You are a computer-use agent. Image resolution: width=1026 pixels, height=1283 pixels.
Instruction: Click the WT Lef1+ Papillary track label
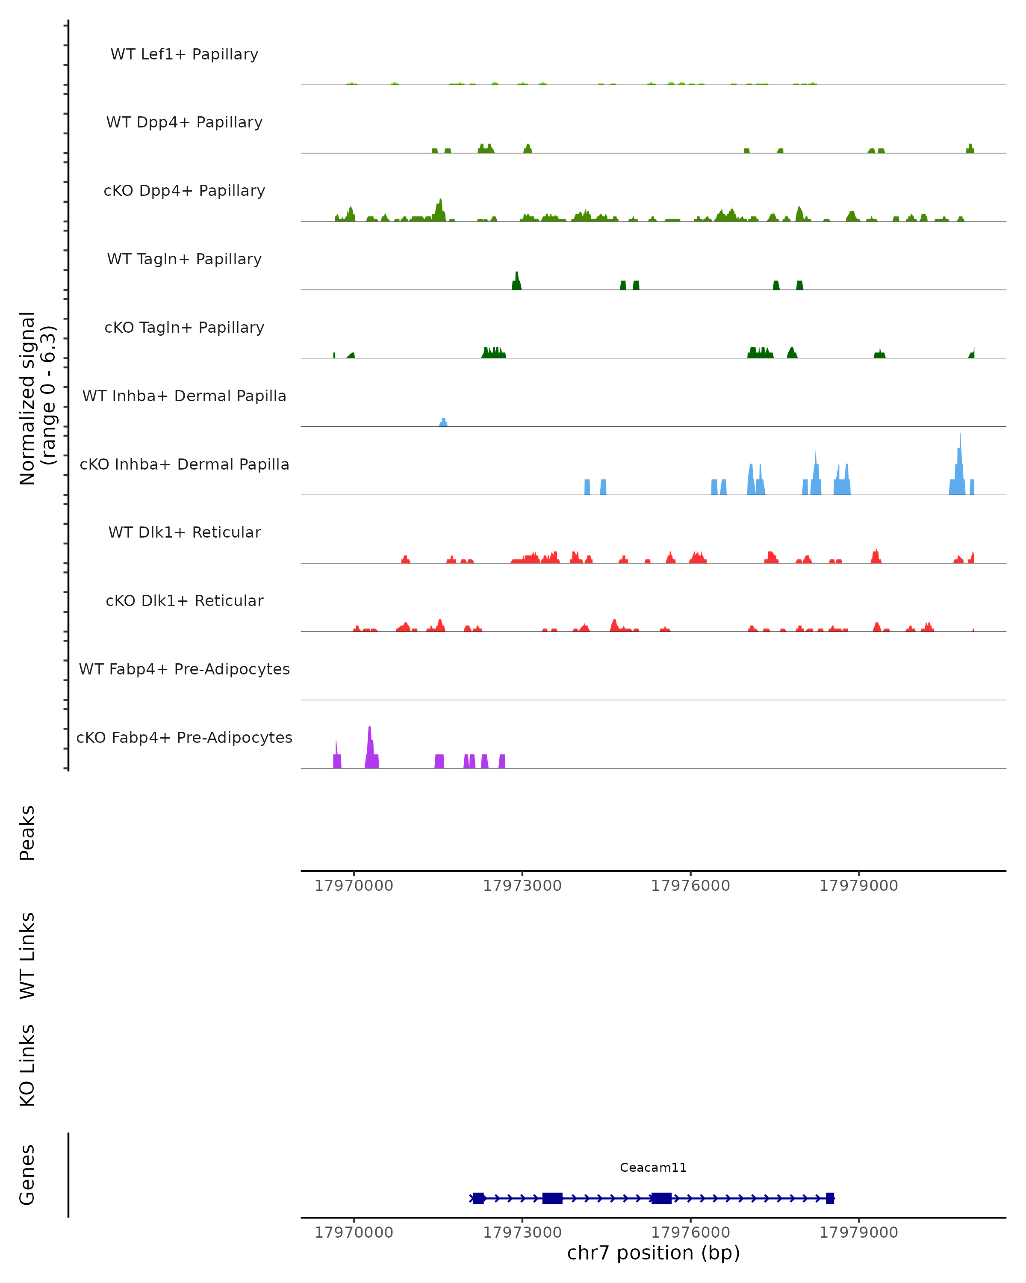pyautogui.click(x=184, y=54)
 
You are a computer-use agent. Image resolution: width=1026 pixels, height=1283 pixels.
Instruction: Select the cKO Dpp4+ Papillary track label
pyautogui.click(x=184, y=191)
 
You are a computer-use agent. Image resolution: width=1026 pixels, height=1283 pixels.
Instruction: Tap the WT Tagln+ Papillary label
pyautogui.click(x=184, y=260)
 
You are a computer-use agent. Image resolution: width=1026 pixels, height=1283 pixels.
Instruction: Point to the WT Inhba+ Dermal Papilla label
pyautogui.click(x=184, y=396)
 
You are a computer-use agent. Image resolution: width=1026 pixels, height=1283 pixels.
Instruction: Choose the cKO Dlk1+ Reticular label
pyautogui.click(x=184, y=601)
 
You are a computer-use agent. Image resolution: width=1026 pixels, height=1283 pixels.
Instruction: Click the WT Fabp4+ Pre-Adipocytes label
pyautogui.click(x=184, y=669)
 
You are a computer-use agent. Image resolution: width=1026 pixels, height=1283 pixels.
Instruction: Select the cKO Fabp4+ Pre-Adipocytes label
pyautogui.click(x=184, y=738)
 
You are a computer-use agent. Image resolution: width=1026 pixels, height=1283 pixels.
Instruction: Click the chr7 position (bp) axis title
pyautogui.click(x=653, y=1253)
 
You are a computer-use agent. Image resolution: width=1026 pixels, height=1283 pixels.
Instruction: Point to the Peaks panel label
pyautogui.click(x=27, y=833)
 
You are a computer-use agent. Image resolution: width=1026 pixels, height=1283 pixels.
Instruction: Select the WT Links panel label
pyautogui.click(x=27, y=955)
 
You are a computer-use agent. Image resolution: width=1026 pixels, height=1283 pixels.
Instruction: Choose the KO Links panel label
pyautogui.click(x=27, y=1065)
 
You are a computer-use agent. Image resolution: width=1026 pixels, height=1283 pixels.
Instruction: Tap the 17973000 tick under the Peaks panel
pyautogui.click(x=522, y=886)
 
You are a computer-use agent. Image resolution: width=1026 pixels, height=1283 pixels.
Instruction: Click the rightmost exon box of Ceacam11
pyautogui.click(x=830, y=1198)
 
